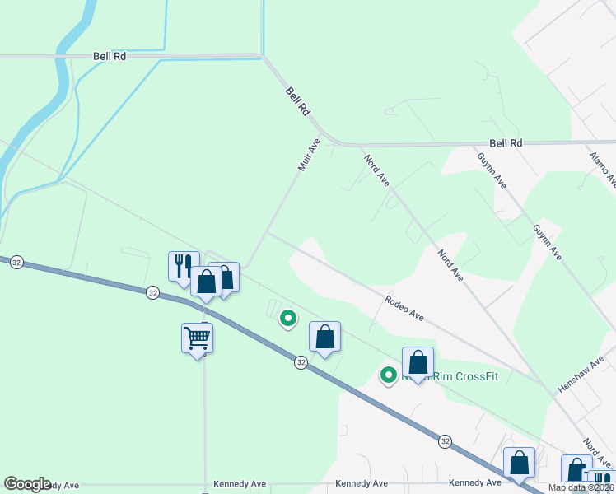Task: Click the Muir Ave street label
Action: (309, 155)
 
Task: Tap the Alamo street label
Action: (601, 165)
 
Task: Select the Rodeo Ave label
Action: (404, 310)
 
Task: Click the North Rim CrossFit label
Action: (461, 376)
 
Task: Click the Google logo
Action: (27, 484)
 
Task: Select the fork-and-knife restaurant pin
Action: (184, 266)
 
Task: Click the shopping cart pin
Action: (197, 337)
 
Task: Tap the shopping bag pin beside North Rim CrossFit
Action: (418, 362)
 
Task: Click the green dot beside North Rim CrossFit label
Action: (388, 375)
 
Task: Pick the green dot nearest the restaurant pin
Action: (287, 318)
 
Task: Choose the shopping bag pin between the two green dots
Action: (325, 336)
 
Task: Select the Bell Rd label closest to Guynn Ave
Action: (506, 143)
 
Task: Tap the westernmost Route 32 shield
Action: (16, 262)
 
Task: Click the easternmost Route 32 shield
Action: (445, 441)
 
